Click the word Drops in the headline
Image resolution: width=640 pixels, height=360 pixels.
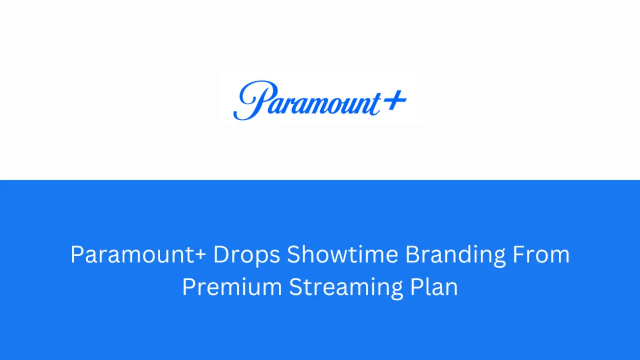point(246,255)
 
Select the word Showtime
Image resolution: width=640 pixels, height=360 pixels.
point(342,254)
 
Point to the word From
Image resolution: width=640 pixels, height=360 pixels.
point(541,254)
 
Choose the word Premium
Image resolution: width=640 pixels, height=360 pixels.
point(232,286)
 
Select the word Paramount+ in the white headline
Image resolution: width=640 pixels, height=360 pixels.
point(138,254)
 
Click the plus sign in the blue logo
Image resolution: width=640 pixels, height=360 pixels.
point(394,100)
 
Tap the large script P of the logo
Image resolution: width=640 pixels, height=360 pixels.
point(254,100)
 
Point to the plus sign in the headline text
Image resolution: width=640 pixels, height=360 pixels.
point(201,254)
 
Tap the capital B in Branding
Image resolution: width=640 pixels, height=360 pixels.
point(413,254)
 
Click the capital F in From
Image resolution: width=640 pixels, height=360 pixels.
point(518,254)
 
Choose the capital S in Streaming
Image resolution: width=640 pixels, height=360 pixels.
point(295,286)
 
